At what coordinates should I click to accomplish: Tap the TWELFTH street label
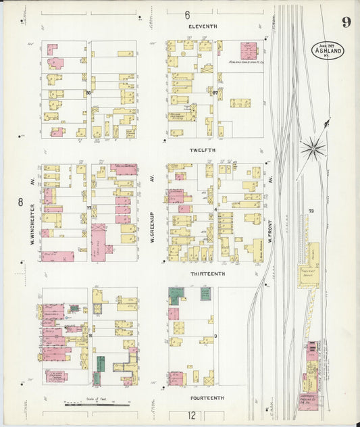[x=202, y=149]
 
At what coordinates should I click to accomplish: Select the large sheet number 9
[x=345, y=22]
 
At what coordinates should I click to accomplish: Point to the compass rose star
[x=313, y=146]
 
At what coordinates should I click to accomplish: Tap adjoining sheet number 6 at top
[x=187, y=14]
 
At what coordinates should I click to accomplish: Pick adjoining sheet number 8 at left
[x=20, y=201]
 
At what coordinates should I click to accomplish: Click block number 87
[x=215, y=93]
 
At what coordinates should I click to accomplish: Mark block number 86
[x=88, y=93]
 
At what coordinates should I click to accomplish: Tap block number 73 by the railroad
[x=311, y=211]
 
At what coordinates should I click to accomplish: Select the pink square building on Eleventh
[x=249, y=51]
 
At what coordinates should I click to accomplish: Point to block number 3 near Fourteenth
[x=215, y=336]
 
